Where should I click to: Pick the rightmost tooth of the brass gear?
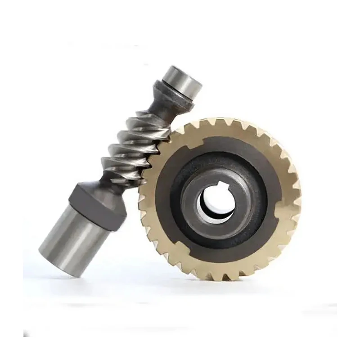298,198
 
